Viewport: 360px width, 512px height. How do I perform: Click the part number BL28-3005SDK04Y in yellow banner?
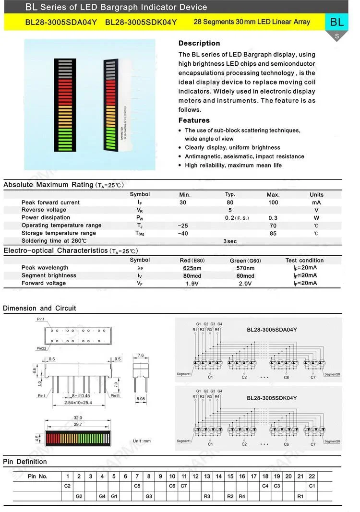click(x=141, y=22)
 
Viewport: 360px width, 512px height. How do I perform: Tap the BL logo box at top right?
click(x=336, y=22)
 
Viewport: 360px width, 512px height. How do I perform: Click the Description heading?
click(x=199, y=43)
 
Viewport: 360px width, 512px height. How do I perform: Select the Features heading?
click(x=194, y=120)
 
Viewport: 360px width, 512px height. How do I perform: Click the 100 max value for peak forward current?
click(x=273, y=202)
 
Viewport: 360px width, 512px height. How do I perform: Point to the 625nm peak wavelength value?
click(x=192, y=268)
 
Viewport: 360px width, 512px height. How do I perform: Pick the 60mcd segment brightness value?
click(x=245, y=276)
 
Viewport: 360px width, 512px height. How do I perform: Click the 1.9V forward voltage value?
click(x=192, y=284)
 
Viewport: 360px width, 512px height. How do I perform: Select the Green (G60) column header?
click(x=245, y=261)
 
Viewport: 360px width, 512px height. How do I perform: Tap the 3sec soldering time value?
click(x=230, y=241)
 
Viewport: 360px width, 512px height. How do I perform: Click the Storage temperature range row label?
click(x=59, y=233)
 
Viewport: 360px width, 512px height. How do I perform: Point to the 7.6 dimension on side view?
click(x=141, y=356)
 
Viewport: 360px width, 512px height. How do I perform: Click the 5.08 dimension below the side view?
click(x=140, y=398)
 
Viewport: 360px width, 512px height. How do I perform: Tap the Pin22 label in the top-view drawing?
click(x=42, y=348)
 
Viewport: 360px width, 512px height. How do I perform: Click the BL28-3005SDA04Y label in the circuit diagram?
click(x=272, y=330)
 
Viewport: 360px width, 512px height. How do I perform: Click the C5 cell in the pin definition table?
click(x=137, y=486)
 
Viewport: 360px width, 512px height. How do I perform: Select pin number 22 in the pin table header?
click(x=312, y=476)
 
